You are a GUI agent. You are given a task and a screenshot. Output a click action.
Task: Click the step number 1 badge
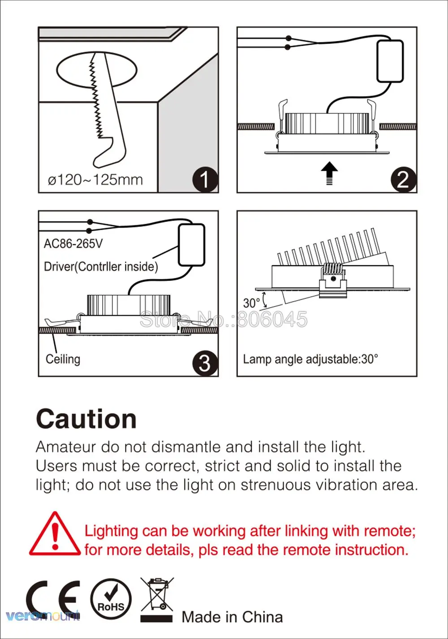click(x=205, y=180)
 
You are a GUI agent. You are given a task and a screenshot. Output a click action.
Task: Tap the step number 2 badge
click(x=403, y=180)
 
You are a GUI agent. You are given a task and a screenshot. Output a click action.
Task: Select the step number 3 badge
click(x=205, y=363)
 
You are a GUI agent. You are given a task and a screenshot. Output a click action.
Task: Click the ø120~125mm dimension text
click(x=95, y=180)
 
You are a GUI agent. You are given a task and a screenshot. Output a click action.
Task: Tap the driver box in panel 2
click(x=390, y=61)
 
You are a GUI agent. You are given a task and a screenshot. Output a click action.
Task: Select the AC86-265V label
click(x=73, y=244)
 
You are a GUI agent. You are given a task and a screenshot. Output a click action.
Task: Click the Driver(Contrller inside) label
click(x=101, y=267)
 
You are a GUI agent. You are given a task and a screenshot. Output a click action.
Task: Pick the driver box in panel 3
click(x=191, y=245)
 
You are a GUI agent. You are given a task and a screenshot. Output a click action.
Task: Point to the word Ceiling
click(x=63, y=359)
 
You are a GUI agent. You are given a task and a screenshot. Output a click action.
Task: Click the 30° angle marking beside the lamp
click(x=251, y=303)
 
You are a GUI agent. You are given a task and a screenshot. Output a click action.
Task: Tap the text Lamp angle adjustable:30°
click(x=310, y=359)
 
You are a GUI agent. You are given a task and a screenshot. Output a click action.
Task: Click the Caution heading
click(x=86, y=419)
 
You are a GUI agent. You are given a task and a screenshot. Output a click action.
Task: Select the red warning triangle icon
click(x=55, y=535)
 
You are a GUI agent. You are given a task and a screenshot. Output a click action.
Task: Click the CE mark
click(x=53, y=600)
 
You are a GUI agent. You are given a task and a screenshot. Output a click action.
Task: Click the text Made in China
click(x=232, y=617)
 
